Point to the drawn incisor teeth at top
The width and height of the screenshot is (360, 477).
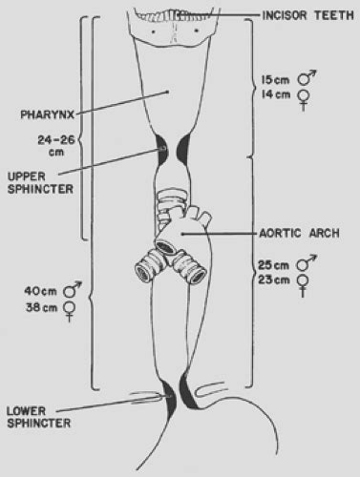coord(178,10)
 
